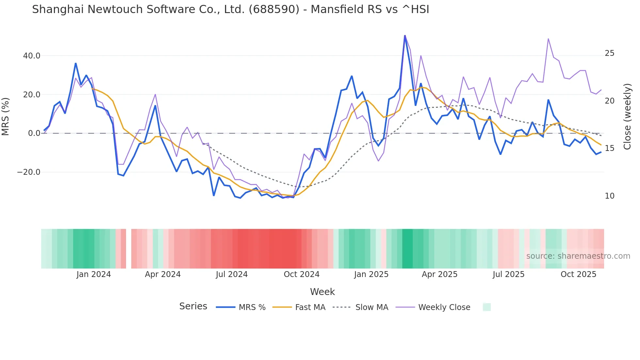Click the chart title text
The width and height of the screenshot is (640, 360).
click(x=231, y=9)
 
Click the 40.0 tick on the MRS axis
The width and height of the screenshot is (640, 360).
click(x=32, y=56)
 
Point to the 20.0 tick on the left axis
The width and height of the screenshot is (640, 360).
click(x=32, y=95)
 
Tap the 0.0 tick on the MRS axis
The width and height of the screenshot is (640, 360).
click(x=34, y=133)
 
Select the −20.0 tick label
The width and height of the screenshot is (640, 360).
click(x=29, y=172)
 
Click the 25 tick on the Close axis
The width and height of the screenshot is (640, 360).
click(x=609, y=53)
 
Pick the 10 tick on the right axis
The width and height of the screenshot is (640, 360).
click(x=609, y=196)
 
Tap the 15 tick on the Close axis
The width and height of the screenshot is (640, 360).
click(x=609, y=148)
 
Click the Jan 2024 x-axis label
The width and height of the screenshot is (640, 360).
click(x=94, y=274)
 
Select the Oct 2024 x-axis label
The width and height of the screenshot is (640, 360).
click(x=301, y=274)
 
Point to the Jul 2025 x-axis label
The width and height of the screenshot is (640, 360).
click(x=508, y=274)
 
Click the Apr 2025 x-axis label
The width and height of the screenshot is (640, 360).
click(x=440, y=274)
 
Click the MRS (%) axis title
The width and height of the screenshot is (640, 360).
click(x=6, y=116)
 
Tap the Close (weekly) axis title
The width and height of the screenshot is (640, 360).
click(x=627, y=117)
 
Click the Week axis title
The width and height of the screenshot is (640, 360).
click(x=322, y=292)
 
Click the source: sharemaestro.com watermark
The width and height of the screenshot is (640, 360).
click(x=578, y=256)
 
